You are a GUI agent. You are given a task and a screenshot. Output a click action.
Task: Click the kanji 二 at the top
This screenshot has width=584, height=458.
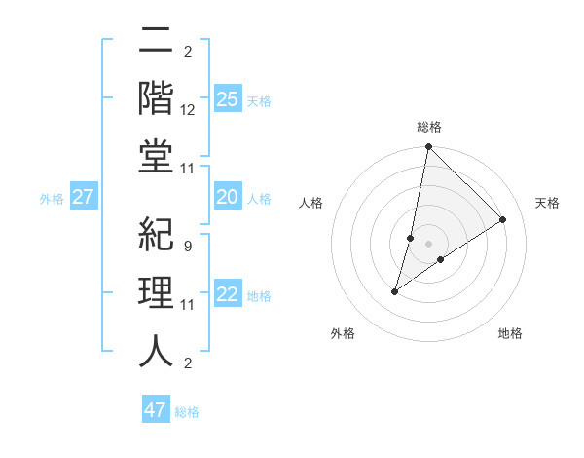pyautogui.click(x=156, y=40)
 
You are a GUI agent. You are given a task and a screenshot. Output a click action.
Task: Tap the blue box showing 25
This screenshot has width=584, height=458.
pyautogui.click(x=228, y=98)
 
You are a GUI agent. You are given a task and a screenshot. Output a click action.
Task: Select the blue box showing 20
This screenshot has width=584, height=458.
pyautogui.click(x=228, y=198)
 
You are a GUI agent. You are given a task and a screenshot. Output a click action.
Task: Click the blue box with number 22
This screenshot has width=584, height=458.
pyautogui.click(x=228, y=295)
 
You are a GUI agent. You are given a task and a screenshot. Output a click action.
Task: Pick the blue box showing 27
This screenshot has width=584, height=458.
pyautogui.click(x=84, y=198)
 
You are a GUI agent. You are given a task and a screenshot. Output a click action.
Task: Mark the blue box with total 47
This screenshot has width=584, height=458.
pyautogui.click(x=156, y=410)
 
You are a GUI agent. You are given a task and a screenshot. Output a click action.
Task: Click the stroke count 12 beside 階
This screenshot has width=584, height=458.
pyautogui.click(x=188, y=110)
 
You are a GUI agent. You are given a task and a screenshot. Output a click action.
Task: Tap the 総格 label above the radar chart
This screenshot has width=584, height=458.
pyautogui.click(x=428, y=127)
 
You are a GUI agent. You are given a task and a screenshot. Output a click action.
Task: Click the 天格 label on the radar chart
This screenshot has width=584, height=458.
pyautogui.click(x=547, y=203)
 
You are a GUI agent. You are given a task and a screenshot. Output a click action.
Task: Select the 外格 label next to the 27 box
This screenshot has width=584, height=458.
pyautogui.click(x=52, y=199)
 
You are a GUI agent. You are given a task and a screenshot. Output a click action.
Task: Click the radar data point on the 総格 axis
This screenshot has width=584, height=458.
pyautogui.click(x=428, y=147)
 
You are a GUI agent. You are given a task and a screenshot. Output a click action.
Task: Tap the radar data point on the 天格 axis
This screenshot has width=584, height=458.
pyautogui.click(x=503, y=220)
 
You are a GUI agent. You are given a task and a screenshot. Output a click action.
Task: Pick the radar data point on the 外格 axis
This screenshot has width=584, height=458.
pyautogui.click(x=395, y=291)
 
